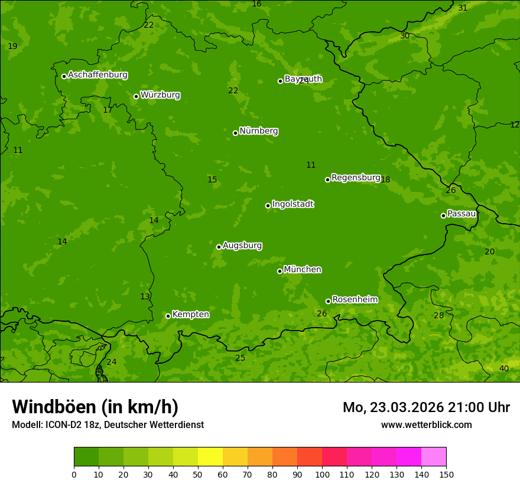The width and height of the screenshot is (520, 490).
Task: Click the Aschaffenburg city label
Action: coord(97,75)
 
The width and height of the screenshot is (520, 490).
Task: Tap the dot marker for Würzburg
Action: coord(136,96)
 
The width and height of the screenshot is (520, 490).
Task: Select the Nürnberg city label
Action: coord(258,131)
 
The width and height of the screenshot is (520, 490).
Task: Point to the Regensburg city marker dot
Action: coord(327,179)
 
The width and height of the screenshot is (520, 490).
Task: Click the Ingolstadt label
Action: coord(292,204)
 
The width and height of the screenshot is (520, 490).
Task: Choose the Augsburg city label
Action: coord(242,246)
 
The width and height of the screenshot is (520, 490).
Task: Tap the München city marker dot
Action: coord(279,271)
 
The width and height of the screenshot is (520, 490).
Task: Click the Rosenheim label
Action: coord(355,300)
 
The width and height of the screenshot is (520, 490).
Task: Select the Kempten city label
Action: coord(190,315)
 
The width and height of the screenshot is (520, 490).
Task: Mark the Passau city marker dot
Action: coord(443,215)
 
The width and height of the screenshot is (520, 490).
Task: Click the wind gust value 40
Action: coord(503,368)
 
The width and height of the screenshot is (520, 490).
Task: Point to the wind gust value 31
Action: coord(463,8)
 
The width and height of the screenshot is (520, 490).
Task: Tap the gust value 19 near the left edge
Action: coord(12,46)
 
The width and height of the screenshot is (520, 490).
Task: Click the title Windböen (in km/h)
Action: coord(95,407)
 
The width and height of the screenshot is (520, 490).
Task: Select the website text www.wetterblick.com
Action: coord(426,424)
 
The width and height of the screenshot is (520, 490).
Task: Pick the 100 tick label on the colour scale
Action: coord(322,474)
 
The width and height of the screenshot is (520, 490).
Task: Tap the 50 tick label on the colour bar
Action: coord(198,474)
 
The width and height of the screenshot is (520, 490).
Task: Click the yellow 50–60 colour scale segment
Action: coord(210,457)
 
